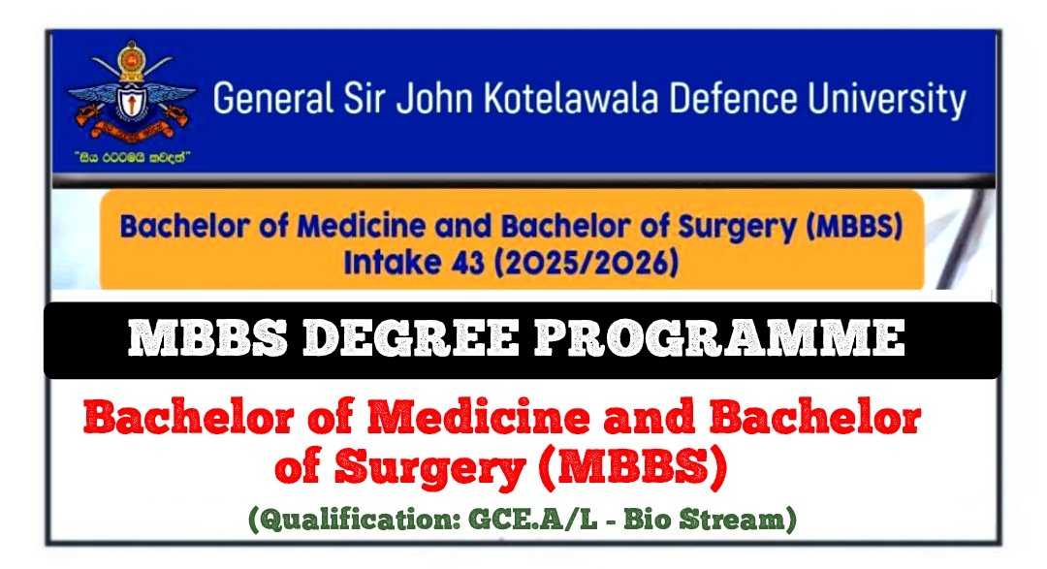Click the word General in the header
[x=273, y=98]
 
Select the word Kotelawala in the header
[x=572, y=98]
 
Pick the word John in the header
[x=435, y=98]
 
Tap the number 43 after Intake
[x=468, y=262]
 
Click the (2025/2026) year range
[x=587, y=263]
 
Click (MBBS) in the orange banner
[x=855, y=227]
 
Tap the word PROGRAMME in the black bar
[x=719, y=337]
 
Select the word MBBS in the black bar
[x=207, y=337]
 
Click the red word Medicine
[x=479, y=418]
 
